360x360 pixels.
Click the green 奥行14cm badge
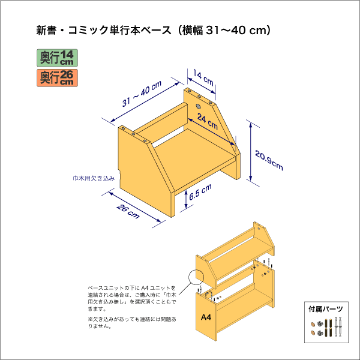pyautogui.click(x=57, y=58)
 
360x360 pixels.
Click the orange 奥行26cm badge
pyautogui.click(x=57, y=78)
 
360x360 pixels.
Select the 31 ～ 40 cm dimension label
pyautogui.click(x=142, y=94)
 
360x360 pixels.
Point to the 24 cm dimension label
pyautogui.click(x=208, y=122)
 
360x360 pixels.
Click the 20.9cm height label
pyautogui.click(x=269, y=160)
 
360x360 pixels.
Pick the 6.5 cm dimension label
pyautogui.click(x=200, y=193)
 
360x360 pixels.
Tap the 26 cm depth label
pyautogui.click(x=128, y=211)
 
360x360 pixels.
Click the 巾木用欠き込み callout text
pyautogui.click(x=94, y=178)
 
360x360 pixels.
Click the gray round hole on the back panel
pyautogui.click(x=198, y=107)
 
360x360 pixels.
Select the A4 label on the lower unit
pyautogui.click(x=206, y=317)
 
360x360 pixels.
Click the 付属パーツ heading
pyautogui.click(x=326, y=309)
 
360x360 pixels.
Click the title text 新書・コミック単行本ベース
pyautogui.click(x=104, y=31)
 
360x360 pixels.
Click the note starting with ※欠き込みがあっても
pyautogui.click(x=132, y=323)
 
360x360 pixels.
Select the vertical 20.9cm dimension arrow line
pyautogui.click(x=250, y=152)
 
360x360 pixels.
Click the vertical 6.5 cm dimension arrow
pyautogui.click(x=186, y=199)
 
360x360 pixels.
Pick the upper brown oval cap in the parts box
pyautogui.click(x=313, y=325)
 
